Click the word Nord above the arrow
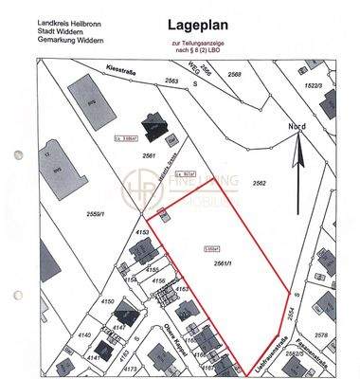(x=298, y=126)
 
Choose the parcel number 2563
(x=171, y=82)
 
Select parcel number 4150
(x=110, y=302)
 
